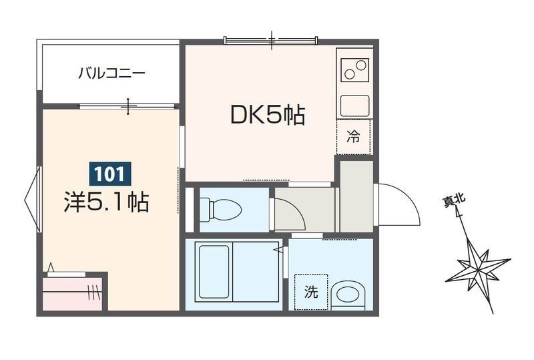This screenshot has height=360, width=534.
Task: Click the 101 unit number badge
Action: pos(110,174)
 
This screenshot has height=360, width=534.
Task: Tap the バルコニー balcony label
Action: pos(111,73)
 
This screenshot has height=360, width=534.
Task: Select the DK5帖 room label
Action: pos(268,116)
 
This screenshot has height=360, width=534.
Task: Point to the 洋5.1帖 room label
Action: pos(106,202)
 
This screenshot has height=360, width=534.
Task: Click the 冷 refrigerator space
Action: pos(353,137)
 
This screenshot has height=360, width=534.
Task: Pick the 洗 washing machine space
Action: pos(311,292)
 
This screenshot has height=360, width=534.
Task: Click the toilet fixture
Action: pos(221,209)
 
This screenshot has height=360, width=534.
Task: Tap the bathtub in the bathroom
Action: pos(214,272)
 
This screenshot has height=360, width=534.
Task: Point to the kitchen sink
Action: pos(355,106)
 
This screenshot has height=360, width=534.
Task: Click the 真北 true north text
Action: pos(455,201)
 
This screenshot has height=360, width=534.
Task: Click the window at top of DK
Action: pos(271,41)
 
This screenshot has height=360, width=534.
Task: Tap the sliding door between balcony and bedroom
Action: pos(127,106)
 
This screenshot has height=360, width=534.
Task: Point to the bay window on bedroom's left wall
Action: pos(33,199)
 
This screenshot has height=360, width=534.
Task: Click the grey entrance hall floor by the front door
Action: pos(356,196)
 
